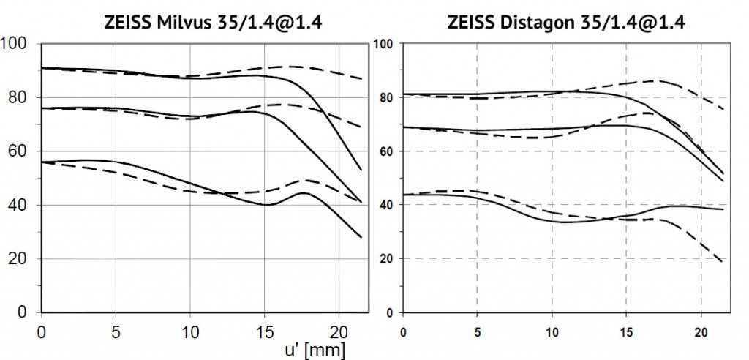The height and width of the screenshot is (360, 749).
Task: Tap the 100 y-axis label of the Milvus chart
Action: click(15, 44)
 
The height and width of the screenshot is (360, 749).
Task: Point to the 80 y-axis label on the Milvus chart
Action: click(19, 97)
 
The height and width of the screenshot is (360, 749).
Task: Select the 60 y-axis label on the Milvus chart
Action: click(19, 151)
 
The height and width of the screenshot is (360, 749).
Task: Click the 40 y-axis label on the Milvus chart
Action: click(19, 206)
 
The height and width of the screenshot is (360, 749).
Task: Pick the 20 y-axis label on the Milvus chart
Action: click(19, 259)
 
